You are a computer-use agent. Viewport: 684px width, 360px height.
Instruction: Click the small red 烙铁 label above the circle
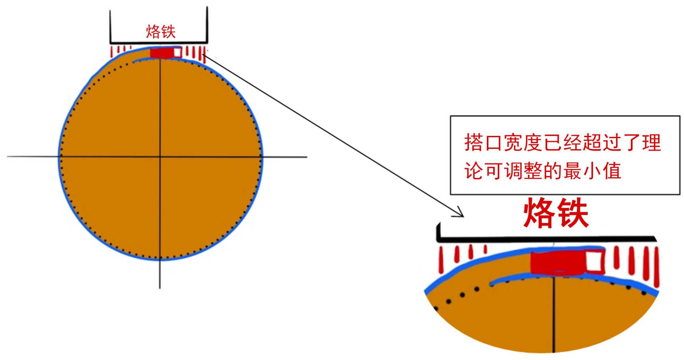pos(161,31)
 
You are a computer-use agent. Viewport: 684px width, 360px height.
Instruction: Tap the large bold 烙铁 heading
pos(556,214)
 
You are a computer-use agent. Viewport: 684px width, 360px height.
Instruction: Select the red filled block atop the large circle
pos(161,53)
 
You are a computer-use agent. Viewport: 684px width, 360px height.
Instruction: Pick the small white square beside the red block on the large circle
pos(177,52)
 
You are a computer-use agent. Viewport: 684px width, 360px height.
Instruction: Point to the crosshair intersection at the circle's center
pos(160,157)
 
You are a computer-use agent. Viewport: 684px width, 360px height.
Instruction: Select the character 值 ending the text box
pos(612,171)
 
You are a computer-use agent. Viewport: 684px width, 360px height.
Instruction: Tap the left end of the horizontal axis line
pos(9,156)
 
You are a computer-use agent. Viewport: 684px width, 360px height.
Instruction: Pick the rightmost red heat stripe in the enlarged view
pos(656,267)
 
